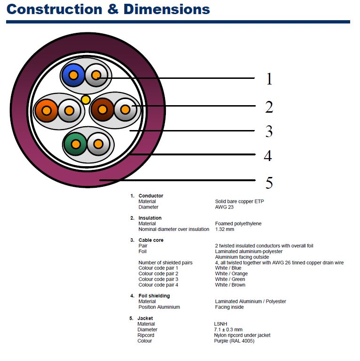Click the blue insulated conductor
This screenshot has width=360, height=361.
[73, 75]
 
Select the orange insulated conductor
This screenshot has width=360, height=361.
[46, 110]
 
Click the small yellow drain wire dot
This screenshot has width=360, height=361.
[86, 99]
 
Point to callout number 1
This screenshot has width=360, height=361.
[269, 79]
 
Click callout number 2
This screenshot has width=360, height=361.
[269, 108]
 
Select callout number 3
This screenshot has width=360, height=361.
[269, 131]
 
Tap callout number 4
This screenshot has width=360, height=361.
[268, 155]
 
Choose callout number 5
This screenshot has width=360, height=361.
[269, 183]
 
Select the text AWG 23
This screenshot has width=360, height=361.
[225, 207]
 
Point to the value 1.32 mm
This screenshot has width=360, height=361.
[225, 229]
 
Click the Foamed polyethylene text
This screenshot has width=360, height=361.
[238, 223]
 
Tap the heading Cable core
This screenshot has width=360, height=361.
[151, 240]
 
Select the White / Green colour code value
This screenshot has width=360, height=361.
[230, 279]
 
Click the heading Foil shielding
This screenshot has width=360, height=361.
[154, 296]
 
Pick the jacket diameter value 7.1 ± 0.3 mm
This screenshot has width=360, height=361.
[228, 330]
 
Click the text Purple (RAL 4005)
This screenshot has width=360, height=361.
[234, 341]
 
